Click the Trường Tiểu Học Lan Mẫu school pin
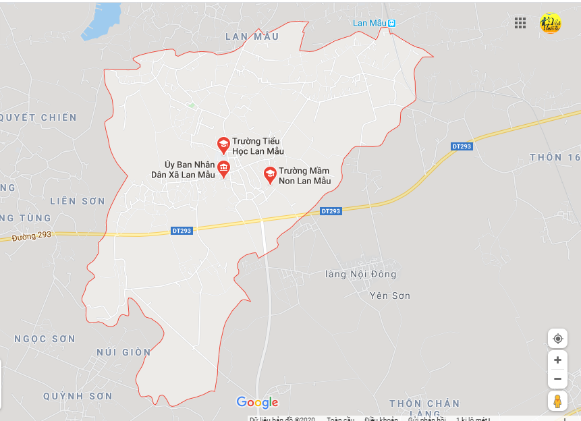223,144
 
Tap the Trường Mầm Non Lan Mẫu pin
270,175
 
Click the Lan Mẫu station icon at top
392,23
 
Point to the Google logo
257,403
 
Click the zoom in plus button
557,360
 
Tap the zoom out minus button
557,378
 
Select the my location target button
557,338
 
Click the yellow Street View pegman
557,401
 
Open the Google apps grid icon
520,23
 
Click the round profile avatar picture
550,23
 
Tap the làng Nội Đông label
360,274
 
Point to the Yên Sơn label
390,296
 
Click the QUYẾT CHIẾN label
38,117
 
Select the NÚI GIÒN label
123,352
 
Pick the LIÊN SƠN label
78,201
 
